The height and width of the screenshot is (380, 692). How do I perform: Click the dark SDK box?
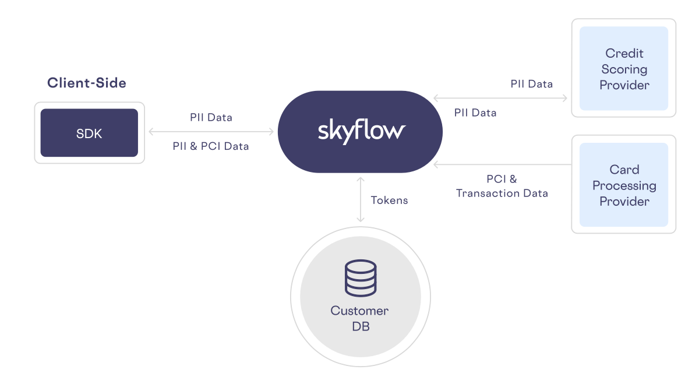pyautogui.click(x=89, y=133)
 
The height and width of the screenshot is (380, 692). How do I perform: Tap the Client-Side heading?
pyautogui.click(x=87, y=83)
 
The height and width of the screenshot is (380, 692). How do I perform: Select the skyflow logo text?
pyautogui.click(x=361, y=131)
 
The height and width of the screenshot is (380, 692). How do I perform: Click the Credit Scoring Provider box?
pyautogui.click(x=624, y=69)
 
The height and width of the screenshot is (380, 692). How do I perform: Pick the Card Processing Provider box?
pyautogui.click(x=624, y=185)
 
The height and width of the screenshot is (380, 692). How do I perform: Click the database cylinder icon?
pyautogui.click(x=361, y=278)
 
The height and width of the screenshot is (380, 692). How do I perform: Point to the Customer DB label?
pyautogui.click(x=360, y=318)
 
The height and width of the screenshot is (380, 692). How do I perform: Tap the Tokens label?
pyautogui.click(x=389, y=200)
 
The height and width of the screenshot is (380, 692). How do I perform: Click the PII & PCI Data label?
pyautogui.click(x=211, y=146)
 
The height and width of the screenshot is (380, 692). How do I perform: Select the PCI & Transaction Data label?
pyautogui.click(x=502, y=186)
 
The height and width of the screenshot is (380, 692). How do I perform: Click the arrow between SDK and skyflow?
pyautogui.click(x=211, y=132)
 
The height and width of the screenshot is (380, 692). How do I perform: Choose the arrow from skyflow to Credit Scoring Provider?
pyautogui.click(x=500, y=98)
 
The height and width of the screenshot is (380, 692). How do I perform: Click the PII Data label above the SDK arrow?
pyautogui.click(x=211, y=117)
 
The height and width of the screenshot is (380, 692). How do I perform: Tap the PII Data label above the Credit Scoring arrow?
pyautogui.click(x=531, y=84)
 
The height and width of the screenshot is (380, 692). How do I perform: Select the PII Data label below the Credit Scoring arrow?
pyautogui.click(x=475, y=113)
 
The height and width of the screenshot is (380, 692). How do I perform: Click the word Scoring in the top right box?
pyautogui.click(x=624, y=69)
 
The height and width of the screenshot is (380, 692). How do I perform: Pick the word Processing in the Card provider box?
pyautogui.click(x=624, y=185)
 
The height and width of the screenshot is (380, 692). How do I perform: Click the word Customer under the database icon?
pyautogui.click(x=359, y=311)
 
